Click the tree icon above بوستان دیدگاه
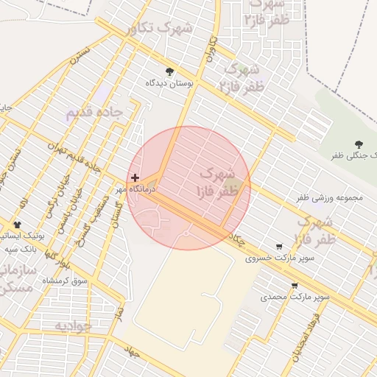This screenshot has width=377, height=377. [170, 71]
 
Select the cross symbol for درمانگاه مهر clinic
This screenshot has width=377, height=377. [135, 177]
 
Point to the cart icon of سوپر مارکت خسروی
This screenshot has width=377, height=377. [279, 247]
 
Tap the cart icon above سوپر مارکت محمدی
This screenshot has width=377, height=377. [295, 286]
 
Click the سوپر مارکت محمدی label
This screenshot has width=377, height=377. [295, 297]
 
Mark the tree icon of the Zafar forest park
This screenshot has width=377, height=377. [359, 144]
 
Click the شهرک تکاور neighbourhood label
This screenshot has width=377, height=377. [159, 29]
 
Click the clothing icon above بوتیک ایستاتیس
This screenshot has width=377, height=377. [17, 224]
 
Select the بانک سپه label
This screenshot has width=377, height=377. [19, 249]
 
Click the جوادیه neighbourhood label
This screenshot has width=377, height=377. [72, 325]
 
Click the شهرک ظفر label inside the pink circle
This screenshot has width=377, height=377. [219, 183]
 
